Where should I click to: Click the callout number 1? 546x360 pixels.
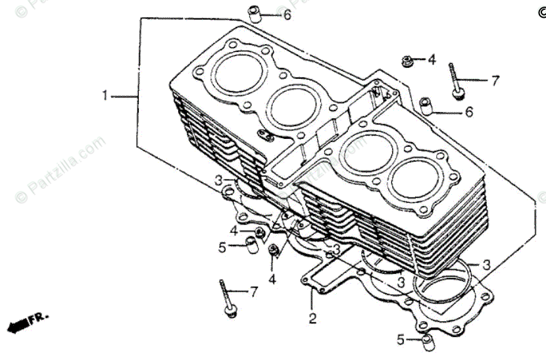click(x=105, y=96)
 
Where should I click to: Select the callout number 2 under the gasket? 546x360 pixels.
click(x=312, y=319)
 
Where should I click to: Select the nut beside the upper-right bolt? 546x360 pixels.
click(x=408, y=61)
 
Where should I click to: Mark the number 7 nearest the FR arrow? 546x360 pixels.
click(x=253, y=292)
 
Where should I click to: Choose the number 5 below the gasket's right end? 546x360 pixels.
click(x=401, y=340)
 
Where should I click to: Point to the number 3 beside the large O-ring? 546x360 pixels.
click(x=485, y=265)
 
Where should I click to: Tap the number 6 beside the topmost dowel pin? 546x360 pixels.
click(x=287, y=14)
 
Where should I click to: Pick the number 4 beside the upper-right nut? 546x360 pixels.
click(x=432, y=60)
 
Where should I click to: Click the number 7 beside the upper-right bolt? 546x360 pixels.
click(x=495, y=81)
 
